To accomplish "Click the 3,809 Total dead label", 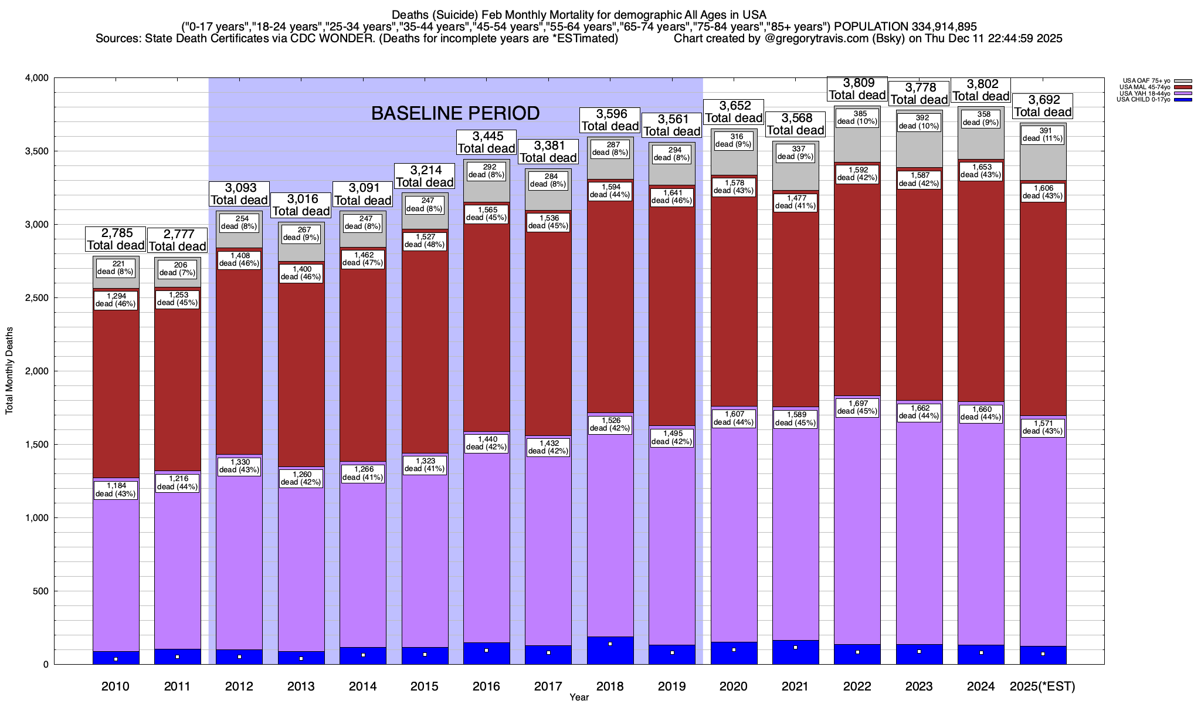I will click(x=857, y=89).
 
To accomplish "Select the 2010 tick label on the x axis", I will click(x=116, y=686).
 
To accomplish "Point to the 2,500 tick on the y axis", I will click(x=38, y=298).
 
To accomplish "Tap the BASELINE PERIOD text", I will click(x=455, y=113).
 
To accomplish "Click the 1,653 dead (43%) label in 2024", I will click(x=981, y=171).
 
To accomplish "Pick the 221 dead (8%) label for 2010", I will click(x=116, y=268).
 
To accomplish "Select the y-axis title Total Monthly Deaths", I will click(x=9, y=370).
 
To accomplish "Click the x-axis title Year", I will click(x=579, y=697).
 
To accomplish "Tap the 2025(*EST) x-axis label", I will click(x=1042, y=686).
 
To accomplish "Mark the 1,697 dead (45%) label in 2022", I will click(x=857, y=407).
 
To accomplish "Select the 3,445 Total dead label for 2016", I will click(x=486, y=143).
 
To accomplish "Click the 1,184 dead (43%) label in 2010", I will click(x=116, y=490).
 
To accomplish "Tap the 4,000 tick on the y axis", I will click(x=38, y=78).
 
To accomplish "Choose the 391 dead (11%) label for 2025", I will click(x=1042, y=135).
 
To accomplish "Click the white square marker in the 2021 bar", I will click(x=795, y=648).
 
